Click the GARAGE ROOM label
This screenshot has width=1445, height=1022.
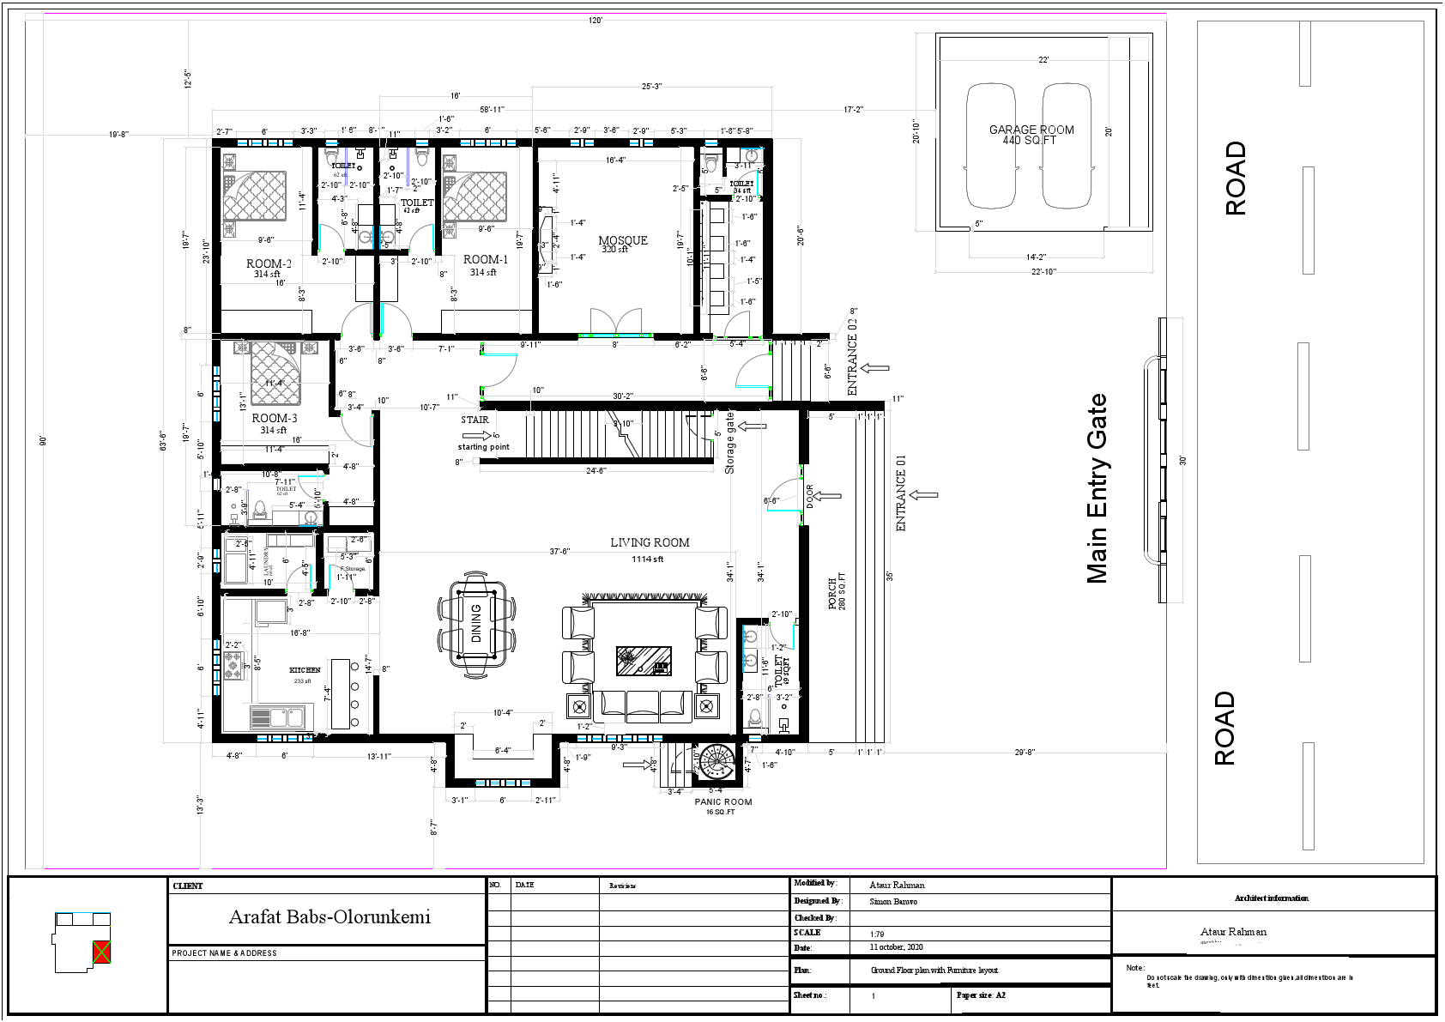pos(1031,130)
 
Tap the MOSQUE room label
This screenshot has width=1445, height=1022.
pos(622,241)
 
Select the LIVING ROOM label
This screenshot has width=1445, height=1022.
pos(650,542)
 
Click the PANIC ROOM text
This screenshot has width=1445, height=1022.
pos(722,802)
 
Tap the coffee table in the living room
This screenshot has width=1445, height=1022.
pos(644,662)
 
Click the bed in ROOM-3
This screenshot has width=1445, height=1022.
pos(275,374)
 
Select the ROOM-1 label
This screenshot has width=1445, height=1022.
pos(486,259)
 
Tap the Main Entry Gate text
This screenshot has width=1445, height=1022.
pos(1097,489)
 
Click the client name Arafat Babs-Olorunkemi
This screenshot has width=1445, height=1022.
pos(330,916)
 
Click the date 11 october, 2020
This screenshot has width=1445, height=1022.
pos(897,947)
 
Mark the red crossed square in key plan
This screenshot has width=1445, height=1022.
pos(102,951)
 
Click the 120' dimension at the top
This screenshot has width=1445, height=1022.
pos(596,20)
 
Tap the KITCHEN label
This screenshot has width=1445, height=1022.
pos(305,670)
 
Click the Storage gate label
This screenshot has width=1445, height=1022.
pos(729,443)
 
